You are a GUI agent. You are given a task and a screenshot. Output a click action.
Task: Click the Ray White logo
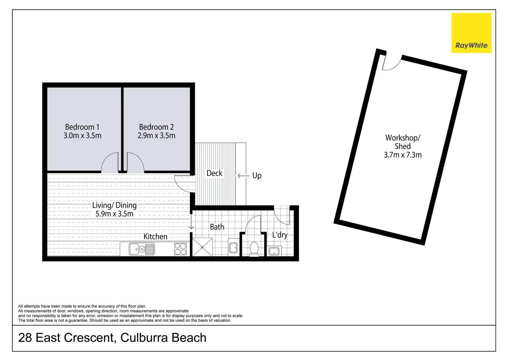(x=471, y=33)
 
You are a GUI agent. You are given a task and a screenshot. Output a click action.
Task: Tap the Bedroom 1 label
(x=82, y=127)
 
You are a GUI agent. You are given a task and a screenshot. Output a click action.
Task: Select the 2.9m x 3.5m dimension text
(x=156, y=136)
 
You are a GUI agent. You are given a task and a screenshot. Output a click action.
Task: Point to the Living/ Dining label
(x=114, y=205)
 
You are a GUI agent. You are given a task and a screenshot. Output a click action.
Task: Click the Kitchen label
(x=155, y=237)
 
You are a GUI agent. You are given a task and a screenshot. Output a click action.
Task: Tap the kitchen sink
(x=142, y=249)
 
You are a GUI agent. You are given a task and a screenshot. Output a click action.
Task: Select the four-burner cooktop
(x=180, y=249)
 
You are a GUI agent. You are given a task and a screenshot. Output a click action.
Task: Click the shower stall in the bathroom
(x=203, y=247)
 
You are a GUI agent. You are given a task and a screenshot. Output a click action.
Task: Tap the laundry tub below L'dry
(x=274, y=251)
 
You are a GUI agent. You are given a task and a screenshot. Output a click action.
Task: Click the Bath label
(x=217, y=227)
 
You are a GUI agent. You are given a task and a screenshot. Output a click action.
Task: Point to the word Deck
(x=214, y=173)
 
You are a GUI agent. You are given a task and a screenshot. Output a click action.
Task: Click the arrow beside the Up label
(x=244, y=176)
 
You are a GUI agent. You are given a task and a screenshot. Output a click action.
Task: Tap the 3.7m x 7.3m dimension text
(x=402, y=155)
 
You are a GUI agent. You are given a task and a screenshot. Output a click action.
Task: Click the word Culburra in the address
(x=144, y=338)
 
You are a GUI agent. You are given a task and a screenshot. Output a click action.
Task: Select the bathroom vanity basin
(x=233, y=248)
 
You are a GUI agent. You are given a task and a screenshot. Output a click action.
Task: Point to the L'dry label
(x=280, y=235)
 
